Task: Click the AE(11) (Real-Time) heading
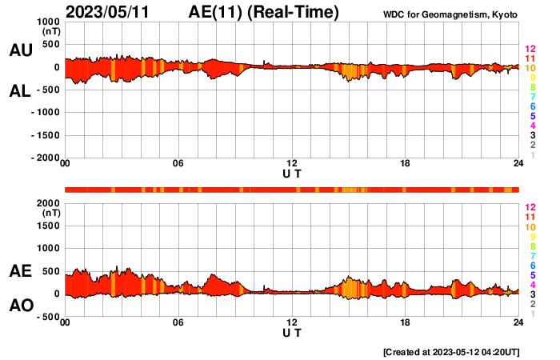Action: (x=264, y=12)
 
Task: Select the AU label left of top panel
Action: (x=20, y=50)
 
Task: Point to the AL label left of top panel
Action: (x=20, y=91)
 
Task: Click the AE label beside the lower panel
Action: (x=20, y=272)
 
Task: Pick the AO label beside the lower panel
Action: (x=20, y=306)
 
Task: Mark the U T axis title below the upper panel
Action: (x=292, y=174)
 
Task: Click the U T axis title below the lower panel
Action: (x=292, y=332)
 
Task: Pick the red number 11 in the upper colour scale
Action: (x=530, y=59)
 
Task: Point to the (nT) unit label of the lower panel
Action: (x=50, y=214)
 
